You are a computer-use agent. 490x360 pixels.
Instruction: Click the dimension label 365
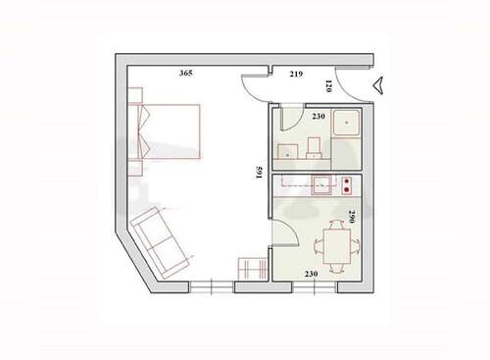pos(185,74)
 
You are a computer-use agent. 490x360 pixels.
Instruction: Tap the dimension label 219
pos(295,75)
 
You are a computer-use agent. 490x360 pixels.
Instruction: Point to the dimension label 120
pos(356,86)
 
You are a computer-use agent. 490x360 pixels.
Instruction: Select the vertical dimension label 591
pos(257,175)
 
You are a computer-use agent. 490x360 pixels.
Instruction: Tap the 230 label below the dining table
pos(312,274)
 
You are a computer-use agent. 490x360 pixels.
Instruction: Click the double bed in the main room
pos(169,131)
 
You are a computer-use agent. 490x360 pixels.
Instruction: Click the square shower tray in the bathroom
pos(345,125)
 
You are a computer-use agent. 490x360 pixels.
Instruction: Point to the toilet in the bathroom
pos(315,148)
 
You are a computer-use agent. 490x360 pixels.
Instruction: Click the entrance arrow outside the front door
pos(379,86)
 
